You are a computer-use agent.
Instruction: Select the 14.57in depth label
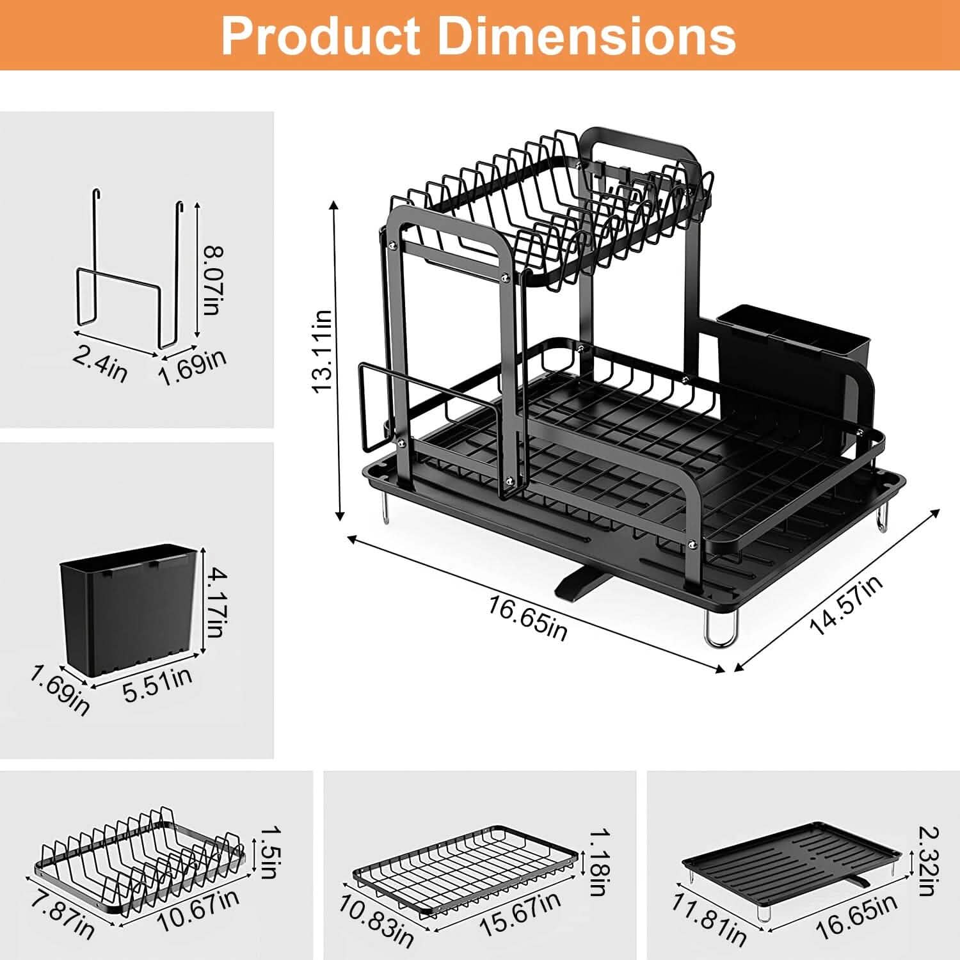(846, 605)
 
